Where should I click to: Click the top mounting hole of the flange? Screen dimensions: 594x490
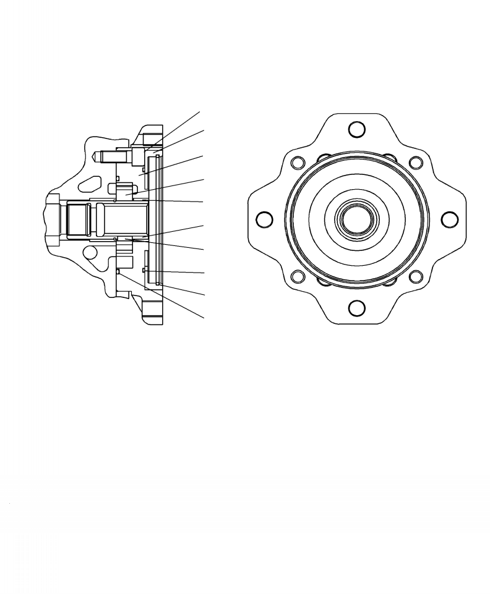pyautogui.click(x=356, y=130)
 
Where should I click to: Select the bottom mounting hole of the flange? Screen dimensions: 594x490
pyautogui.click(x=356, y=307)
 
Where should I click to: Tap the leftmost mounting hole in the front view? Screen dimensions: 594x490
pyautogui.click(x=264, y=219)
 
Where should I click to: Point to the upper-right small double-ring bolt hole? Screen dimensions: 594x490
pyautogui.click(x=416, y=163)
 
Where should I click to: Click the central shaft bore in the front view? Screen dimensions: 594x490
pyautogui.click(x=356, y=219)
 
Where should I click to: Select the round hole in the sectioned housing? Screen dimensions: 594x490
pyautogui.click(x=90, y=253)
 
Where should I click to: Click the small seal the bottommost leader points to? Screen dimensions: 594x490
pyautogui.click(x=118, y=271)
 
